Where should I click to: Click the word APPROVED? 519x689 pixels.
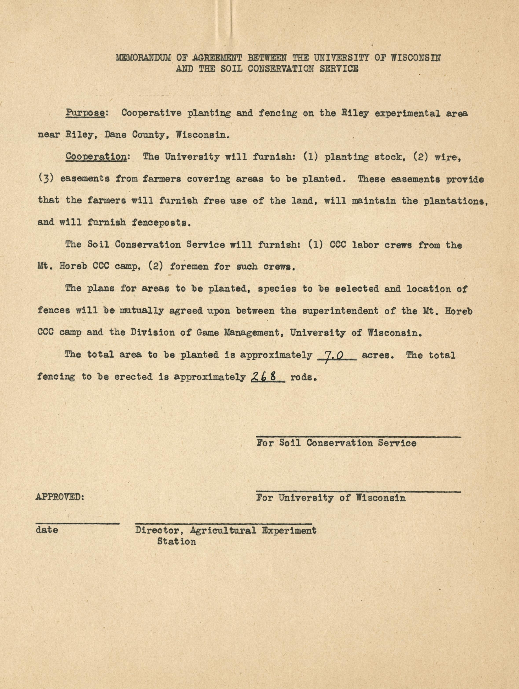pyautogui.click(x=60, y=497)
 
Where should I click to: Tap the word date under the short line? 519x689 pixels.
pyautogui.click(x=47, y=530)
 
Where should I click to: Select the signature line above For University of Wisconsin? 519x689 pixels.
pyautogui.click(x=358, y=492)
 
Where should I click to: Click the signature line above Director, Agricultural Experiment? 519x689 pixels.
pyautogui.click(x=223, y=524)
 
